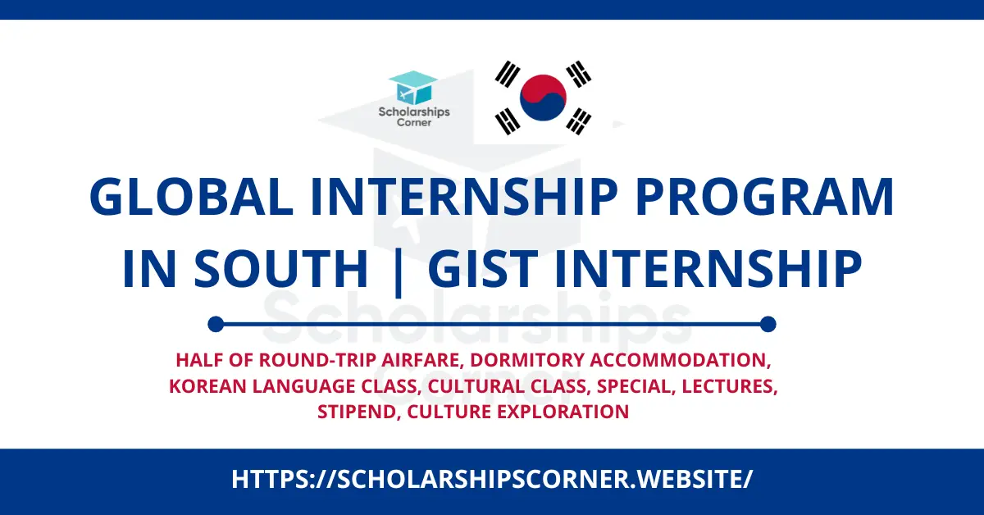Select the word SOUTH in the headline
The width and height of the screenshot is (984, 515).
(x=280, y=268)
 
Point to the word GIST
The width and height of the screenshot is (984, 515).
(x=483, y=268)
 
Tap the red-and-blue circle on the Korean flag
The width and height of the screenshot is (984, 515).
(x=543, y=98)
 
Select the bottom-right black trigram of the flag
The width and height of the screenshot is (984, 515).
(x=578, y=121)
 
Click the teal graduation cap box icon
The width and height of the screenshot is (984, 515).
(x=413, y=88)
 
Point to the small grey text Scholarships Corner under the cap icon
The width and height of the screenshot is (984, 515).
(x=414, y=116)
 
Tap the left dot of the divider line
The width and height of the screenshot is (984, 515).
(x=216, y=324)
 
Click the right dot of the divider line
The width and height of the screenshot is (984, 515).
(x=768, y=324)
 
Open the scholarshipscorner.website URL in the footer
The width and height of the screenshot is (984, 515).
(x=492, y=479)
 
